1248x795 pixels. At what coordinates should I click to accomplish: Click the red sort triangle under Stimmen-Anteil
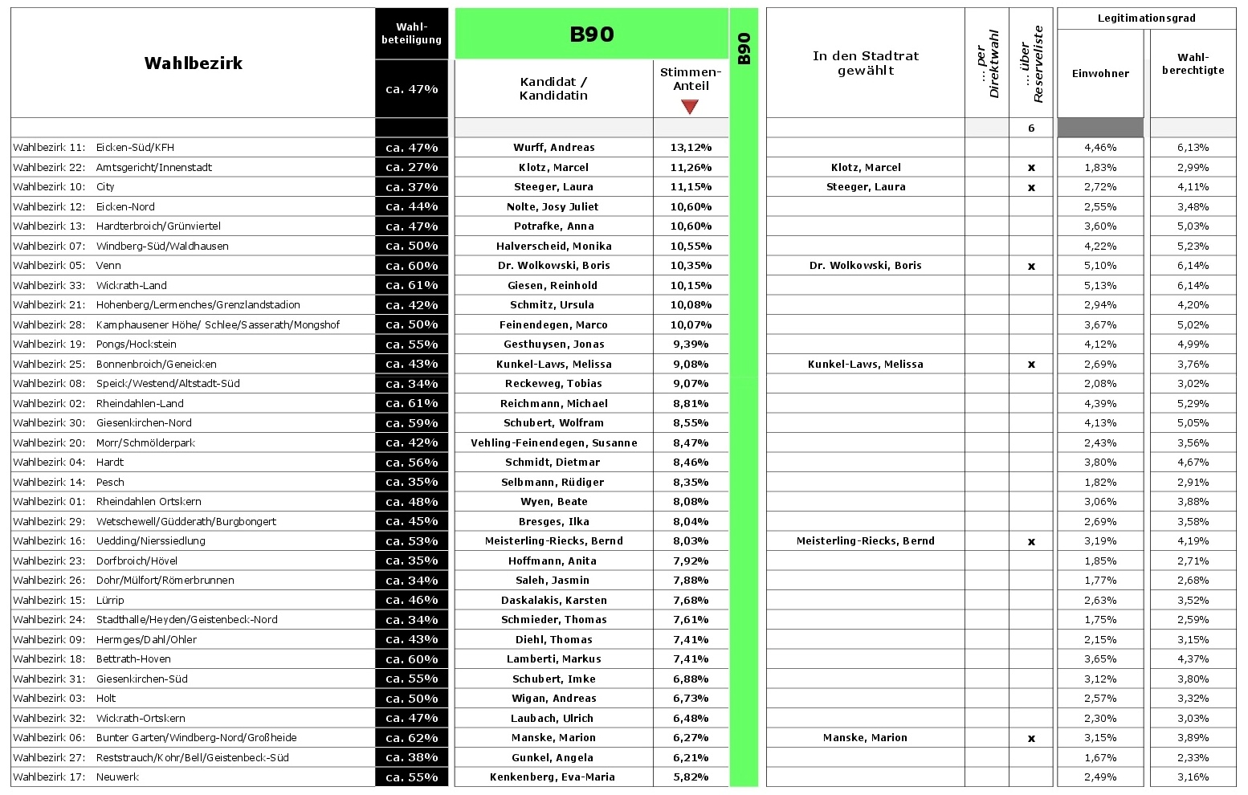[689, 106]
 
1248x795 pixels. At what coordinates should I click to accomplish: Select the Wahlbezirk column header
[193, 63]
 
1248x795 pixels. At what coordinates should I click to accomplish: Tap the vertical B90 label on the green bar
[744, 48]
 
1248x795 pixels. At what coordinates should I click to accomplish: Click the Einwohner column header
[1100, 73]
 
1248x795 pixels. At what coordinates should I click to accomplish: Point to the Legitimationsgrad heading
[1146, 18]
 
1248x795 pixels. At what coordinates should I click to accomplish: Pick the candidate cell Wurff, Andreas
[554, 148]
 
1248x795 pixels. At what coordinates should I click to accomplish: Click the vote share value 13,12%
[691, 148]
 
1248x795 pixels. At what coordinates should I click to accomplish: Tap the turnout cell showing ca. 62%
[411, 738]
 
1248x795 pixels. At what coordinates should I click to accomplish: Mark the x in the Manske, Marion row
[1031, 738]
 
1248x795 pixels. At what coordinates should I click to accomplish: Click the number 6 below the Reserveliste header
[1031, 128]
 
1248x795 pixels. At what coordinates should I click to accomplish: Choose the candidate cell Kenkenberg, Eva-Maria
[553, 777]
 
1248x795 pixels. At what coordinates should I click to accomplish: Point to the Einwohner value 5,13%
[1100, 285]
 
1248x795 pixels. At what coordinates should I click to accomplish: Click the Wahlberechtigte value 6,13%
[1193, 148]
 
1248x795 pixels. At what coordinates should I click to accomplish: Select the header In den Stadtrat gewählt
[865, 63]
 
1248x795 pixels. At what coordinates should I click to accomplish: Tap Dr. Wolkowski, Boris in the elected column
[865, 266]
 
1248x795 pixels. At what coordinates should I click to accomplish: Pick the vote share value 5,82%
[691, 777]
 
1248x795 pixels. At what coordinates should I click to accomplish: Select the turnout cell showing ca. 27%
[411, 168]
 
